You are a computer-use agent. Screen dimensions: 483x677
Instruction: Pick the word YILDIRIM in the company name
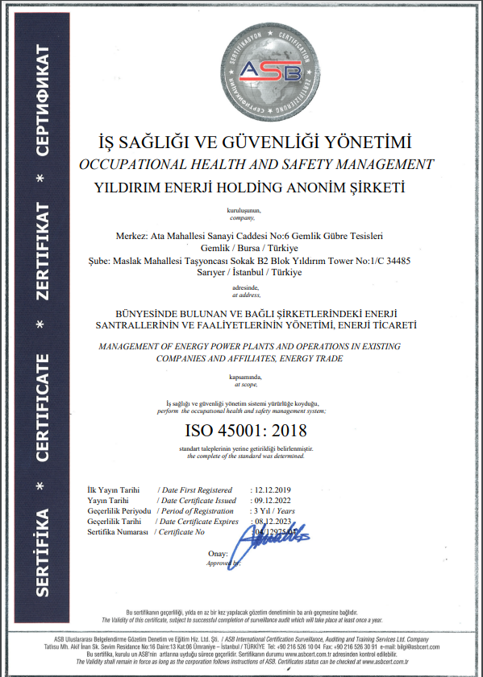[127, 188]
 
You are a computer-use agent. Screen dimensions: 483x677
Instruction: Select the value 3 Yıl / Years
[276, 510]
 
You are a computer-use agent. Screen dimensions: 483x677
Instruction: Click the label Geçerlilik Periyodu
[119, 510]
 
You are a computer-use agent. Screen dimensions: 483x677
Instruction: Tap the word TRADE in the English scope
[327, 357]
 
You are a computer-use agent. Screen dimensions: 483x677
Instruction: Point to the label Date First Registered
[197, 489]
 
